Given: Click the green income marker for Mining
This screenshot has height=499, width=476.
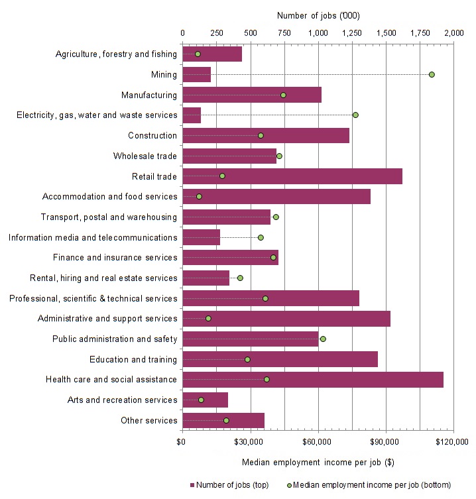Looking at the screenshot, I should pyautogui.click(x=432, y=74).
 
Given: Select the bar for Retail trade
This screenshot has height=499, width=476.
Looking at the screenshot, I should pyautogui.click(x=292, y=176).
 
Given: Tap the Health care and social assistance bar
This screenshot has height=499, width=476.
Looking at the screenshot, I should pyautogui.click(x=312, y=380).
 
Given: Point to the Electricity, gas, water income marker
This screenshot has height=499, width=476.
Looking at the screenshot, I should pyautogui.click(x=355, y=115).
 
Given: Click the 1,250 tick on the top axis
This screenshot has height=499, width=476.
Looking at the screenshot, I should pyautogui.click(x=352, y=32).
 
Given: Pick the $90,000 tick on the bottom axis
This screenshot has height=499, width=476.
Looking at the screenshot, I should pyautogui.click(x=386, y=441).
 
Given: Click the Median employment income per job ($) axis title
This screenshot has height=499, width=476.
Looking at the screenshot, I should pyautogui.click(x=318, y=462).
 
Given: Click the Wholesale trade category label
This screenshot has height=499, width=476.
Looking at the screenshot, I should pyautogui.click(x=145, y=156).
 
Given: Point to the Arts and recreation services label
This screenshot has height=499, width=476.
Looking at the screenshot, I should pyautogui.click(x=123, y=400).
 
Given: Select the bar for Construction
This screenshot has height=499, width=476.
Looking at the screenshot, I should pyautogui.click(x=265, y=135).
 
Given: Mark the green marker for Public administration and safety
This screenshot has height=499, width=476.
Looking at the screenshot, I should pyautogui.click(x=323, y=339).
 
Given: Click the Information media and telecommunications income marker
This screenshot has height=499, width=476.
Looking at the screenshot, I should pyautogui.click(x=261, y=237).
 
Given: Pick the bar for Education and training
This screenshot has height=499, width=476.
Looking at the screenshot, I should pyautogui.click(x=280, y=359).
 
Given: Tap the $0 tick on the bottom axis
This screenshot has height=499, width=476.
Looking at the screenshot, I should pyautogui.click(x=182, y=441).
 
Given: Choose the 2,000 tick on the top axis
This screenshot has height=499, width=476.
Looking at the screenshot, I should pyautogui.click(x=454, y=32).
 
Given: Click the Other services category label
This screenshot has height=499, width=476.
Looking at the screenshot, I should pyautogui.click(x=149, y=420).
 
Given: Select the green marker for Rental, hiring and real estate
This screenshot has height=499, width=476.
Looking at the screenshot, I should pyautogui.click(x=240, y=278).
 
